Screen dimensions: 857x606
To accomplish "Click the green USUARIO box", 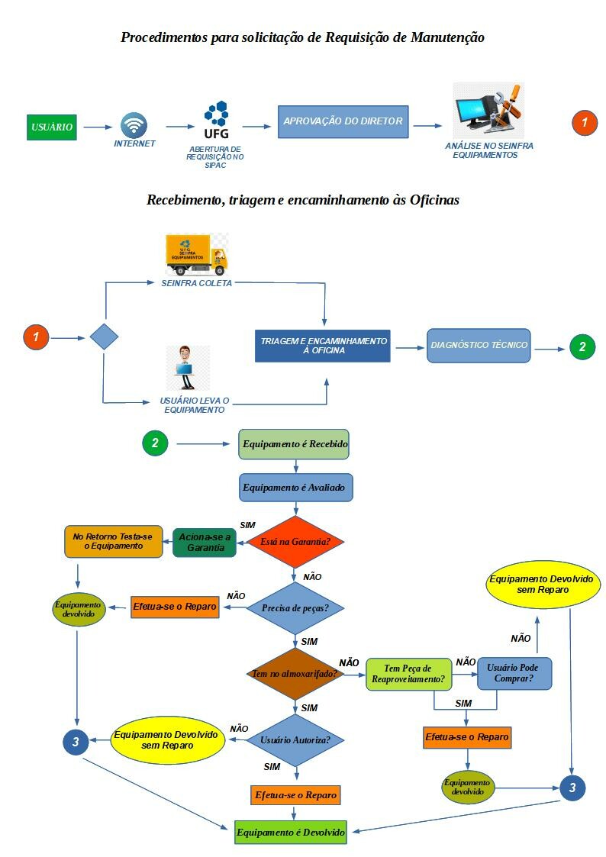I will (52, 127).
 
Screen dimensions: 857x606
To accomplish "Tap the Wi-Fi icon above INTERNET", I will (134, 125).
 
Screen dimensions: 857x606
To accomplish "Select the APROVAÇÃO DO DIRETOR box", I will (343, 122).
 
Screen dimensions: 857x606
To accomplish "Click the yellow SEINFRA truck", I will (197, 255).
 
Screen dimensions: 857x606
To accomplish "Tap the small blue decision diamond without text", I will (103, 337).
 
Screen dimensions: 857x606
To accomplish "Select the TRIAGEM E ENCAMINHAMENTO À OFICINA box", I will (322, 346).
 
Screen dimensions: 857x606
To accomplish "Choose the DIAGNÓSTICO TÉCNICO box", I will (479, 345).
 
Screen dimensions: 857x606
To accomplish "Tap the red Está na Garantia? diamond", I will (295, 542).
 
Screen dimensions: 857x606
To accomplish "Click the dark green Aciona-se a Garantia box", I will (205, 542).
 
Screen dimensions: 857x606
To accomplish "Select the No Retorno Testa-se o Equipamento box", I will (113, 541).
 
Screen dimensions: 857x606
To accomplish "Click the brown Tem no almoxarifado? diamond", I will (295, 675).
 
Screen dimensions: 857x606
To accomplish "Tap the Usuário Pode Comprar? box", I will (514, 673).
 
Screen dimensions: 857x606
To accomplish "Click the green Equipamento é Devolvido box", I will (291, 832).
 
